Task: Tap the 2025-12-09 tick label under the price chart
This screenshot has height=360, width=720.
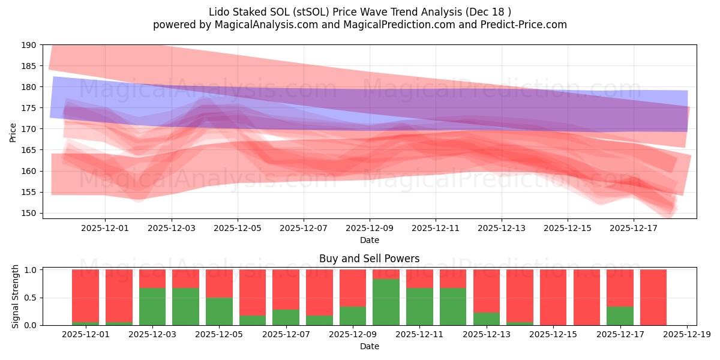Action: [369, 228]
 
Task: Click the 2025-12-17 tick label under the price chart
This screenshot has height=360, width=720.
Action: [634, 228]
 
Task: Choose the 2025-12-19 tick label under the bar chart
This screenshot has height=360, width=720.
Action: [686, 334]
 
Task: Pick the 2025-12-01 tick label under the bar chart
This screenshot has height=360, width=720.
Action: [85, 334]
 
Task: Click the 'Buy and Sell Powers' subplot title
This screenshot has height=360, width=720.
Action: [369, 259]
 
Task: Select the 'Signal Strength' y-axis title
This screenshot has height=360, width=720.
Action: [16, 296]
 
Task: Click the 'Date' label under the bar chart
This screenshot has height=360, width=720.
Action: [369, 346]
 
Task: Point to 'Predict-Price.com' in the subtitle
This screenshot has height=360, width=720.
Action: [521, 25]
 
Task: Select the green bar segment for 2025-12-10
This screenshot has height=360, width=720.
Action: [386, 302]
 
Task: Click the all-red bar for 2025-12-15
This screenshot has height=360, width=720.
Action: [553, 297]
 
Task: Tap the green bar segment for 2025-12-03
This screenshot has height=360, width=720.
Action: [152, 307]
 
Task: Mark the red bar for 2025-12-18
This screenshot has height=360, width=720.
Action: [653, 297]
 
